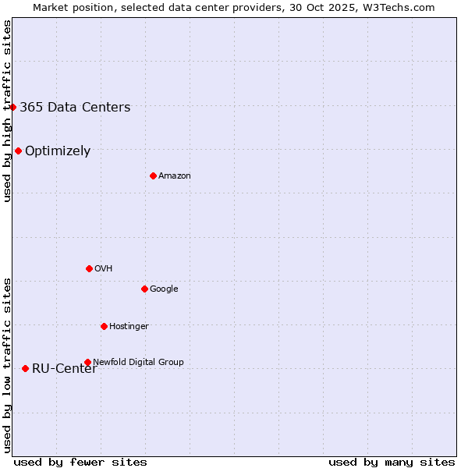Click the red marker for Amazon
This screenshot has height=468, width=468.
[153, 175]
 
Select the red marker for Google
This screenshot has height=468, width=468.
[144, 289]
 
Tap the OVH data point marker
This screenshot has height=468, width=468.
[89, 268]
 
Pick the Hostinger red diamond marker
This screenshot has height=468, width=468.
[104, 326]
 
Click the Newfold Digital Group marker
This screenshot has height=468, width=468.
[87, 362]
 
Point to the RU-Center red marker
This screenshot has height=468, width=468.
[25, 368]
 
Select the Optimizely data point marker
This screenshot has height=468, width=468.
[18, 151]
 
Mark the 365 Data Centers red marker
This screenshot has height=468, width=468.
[13, 107]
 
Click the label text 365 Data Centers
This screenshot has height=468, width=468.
[75, 108]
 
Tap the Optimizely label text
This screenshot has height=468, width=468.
[58, 151]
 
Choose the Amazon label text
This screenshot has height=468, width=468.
[175, 176]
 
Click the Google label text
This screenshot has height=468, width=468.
[164, 289]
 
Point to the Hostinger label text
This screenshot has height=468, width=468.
[129, 327]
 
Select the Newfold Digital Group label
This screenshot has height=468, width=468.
[138, 363]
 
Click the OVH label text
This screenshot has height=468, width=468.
[104, 269]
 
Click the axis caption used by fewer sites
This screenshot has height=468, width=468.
[80, 462]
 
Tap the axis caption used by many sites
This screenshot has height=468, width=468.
[392, 462]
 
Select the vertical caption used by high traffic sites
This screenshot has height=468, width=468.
[7, 112]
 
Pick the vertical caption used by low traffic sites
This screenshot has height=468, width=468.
[7, 365]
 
